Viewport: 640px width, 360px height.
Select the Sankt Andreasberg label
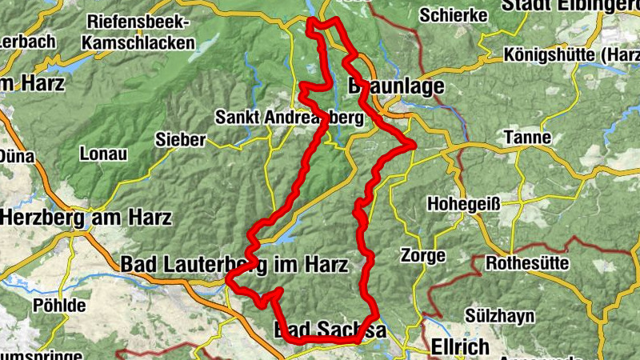click(x=289, y=118)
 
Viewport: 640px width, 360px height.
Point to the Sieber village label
click(x=181, y=140)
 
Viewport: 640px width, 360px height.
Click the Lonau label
click(x=103, y=154)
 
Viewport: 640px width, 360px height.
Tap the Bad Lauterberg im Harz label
click(x=234, y=264)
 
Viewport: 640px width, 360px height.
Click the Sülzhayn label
click(x=502, y=316)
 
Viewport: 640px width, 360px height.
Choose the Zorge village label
click(x=423, y=256)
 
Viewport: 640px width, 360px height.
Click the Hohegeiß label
click(x=464, y=203)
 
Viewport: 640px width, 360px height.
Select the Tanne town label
click(x=527, y=138)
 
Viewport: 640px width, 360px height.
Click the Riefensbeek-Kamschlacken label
click(x=142, y=31)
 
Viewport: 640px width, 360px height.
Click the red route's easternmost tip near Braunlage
click(x=414, y=144)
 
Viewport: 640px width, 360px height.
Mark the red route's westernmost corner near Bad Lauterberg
click(x=229, y=280)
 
